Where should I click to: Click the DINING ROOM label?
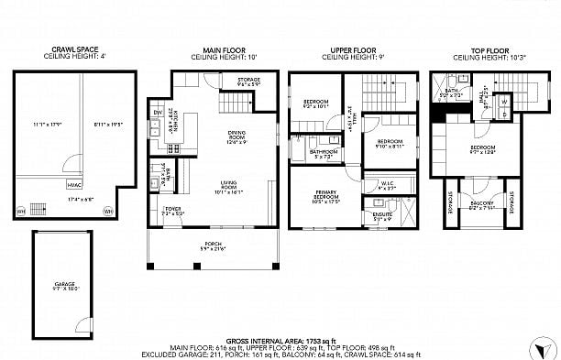point(237,137)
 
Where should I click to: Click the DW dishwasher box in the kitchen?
point(158,112)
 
